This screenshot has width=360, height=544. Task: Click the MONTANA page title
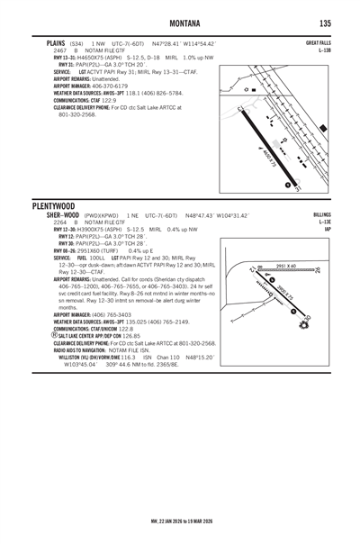[180, 22]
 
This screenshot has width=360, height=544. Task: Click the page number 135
[325, 22]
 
